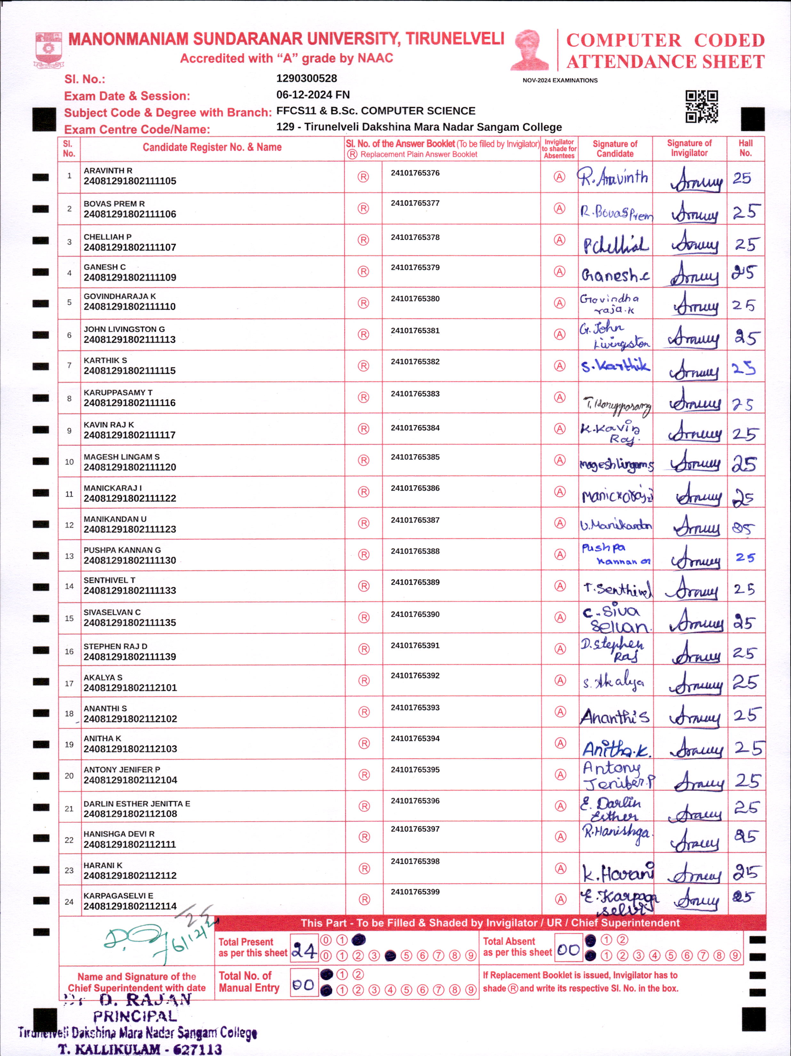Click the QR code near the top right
click(x=701, y=106)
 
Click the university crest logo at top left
click(x=48, y=49)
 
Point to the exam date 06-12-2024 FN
click(x=313, y=94)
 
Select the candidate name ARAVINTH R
click(x=108, y=170)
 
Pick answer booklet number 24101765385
click(x=415, y=457)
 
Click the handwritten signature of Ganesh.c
click(x=615, y=275)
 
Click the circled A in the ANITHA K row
click(x=560, y=743)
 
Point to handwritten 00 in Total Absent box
click(x=568, y=949)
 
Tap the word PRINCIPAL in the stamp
click(x=135, y=1016)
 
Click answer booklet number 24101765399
click(x=415, y=891)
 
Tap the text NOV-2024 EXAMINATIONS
click(x=560, y=80)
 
